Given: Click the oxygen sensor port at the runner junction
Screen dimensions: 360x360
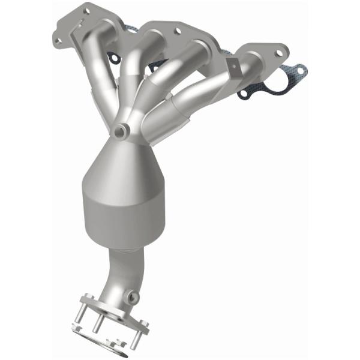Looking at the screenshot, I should [122, 130].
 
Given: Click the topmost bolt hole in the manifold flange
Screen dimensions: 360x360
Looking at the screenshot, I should [86, 10].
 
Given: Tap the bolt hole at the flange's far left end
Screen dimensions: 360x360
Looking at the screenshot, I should [58, 40].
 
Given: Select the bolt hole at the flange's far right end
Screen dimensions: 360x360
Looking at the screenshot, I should [278, 53].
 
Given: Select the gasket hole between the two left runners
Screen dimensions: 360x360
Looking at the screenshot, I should [112, 58].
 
